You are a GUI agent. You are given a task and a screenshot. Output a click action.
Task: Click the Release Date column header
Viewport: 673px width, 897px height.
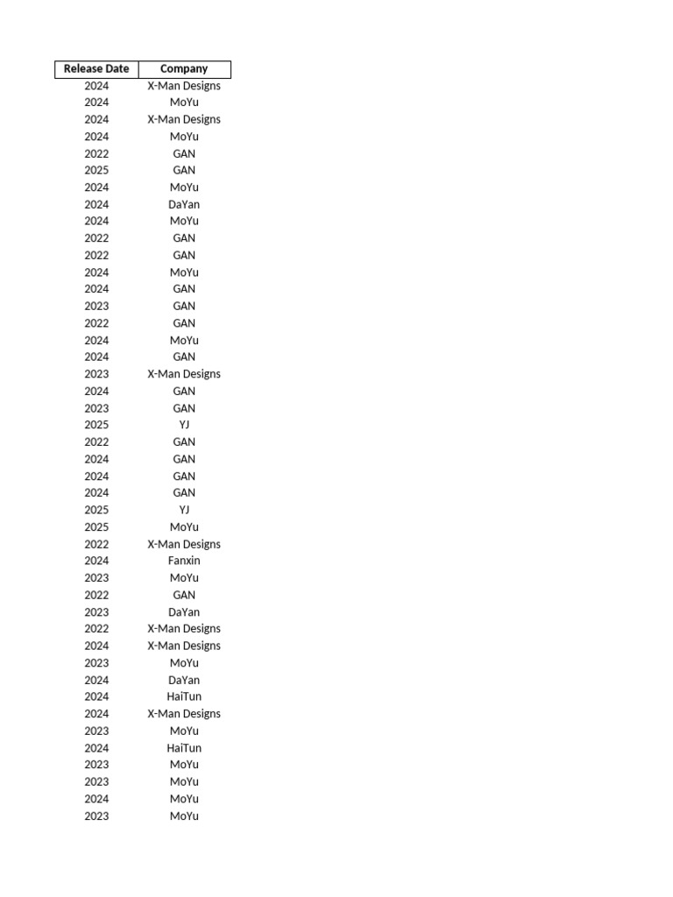(96, 69)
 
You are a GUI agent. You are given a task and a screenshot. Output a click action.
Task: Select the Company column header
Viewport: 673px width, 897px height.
(184, 69)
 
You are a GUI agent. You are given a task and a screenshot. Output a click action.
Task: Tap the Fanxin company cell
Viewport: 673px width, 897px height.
(184, 561)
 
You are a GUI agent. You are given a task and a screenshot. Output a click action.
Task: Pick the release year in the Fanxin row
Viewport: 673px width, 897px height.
(96, 561)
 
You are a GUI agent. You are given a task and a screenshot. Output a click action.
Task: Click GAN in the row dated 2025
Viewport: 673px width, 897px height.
(184, 170)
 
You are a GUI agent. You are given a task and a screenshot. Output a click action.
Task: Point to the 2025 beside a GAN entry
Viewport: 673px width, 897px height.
(96, 170)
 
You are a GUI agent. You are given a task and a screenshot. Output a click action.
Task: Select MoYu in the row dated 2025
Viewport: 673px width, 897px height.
(184, 527)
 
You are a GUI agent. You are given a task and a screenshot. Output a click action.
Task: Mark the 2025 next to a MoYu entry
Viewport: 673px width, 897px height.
(96, 527)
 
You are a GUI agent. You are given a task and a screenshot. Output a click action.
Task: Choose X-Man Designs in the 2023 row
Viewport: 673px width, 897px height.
(184, 374)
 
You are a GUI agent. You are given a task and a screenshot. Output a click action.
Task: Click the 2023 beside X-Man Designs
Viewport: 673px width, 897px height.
(96, 374)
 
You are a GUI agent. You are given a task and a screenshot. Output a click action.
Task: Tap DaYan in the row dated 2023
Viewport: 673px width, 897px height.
(184, 612)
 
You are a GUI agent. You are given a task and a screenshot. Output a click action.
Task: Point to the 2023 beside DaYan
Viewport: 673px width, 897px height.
(96, 612)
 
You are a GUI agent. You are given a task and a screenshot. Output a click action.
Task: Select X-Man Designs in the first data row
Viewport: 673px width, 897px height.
(184, 86)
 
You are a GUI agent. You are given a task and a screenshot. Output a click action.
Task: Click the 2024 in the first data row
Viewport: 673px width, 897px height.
(96, 86)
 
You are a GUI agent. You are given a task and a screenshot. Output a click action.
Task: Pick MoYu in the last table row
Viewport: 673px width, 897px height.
(184, 816)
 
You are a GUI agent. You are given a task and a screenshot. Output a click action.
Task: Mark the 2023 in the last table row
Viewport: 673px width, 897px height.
(96, 816)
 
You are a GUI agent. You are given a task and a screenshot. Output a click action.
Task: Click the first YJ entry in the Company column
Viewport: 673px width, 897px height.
(184, 425)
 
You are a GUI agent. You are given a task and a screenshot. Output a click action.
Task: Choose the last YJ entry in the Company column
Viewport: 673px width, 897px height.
(184, 510)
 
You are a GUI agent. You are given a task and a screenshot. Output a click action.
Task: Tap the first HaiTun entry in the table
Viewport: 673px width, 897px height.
(184, 697)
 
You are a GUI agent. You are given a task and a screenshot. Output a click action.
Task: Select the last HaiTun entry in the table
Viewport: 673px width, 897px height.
(184, 748)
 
